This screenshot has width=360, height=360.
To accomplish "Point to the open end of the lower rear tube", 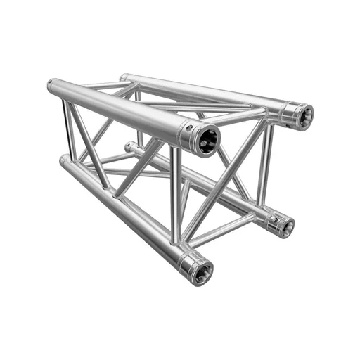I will pyautogui.click(x=284, y=226).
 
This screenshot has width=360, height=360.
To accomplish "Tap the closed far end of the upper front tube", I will pyautogui.click(x=51, y=86).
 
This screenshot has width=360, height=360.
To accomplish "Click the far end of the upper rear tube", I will pyautogui.click(x=124, y=77).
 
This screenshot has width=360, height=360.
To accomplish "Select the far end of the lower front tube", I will pyautogui.click(x=63, y=160).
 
